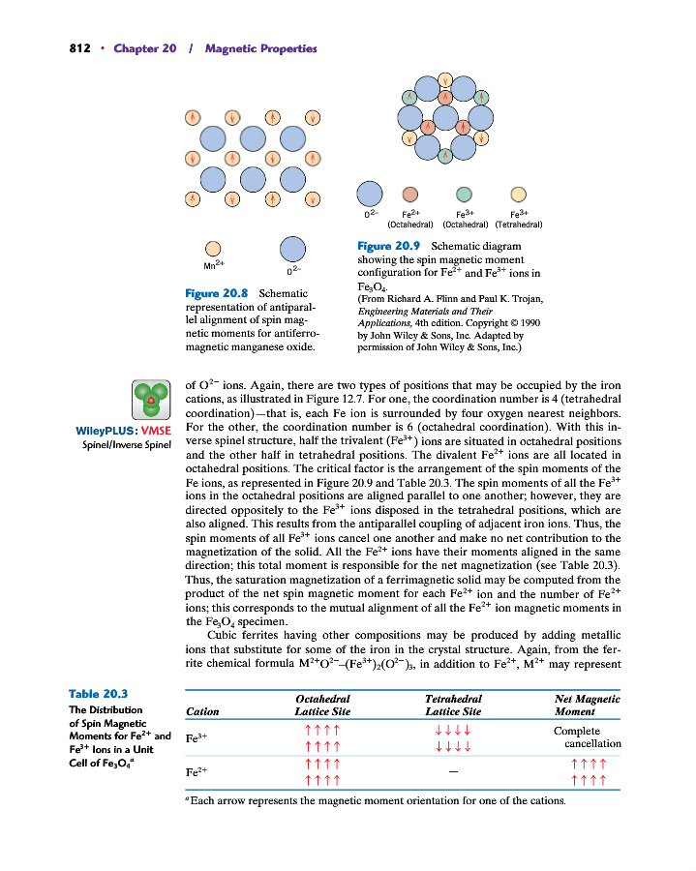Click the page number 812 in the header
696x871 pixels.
click(80, 48)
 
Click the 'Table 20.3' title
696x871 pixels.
click(100, 693)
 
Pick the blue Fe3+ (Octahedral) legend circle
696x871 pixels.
click(464, 195)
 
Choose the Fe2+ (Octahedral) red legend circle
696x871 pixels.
click(410, 195)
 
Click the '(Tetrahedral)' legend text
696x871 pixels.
click(517, 225)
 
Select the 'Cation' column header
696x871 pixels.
click(201, 711)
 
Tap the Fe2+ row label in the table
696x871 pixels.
click(197, 772)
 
